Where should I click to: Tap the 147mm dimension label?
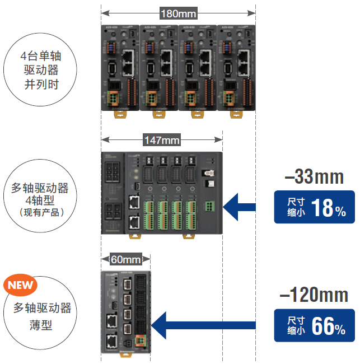click(x=162, y=138)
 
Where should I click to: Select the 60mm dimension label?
click(x=125, y=259)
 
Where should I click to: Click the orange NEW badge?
click(x=20, y=284)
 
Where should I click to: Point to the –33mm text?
click(x=314, y=177)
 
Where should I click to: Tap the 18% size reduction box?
click(x=314, y=207)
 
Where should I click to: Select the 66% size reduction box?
click(x=314, y=325)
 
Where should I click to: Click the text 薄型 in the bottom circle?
click(x=40, y=324)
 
